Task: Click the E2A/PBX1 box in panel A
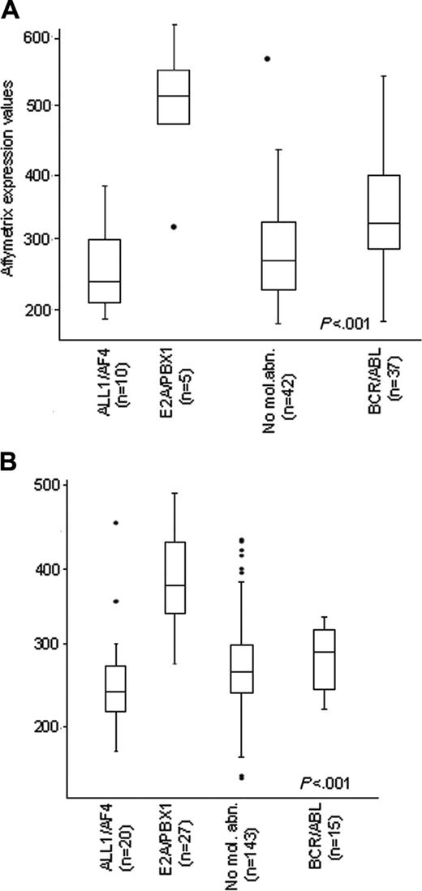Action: coord(173,96)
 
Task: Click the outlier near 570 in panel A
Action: coord(267,58)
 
